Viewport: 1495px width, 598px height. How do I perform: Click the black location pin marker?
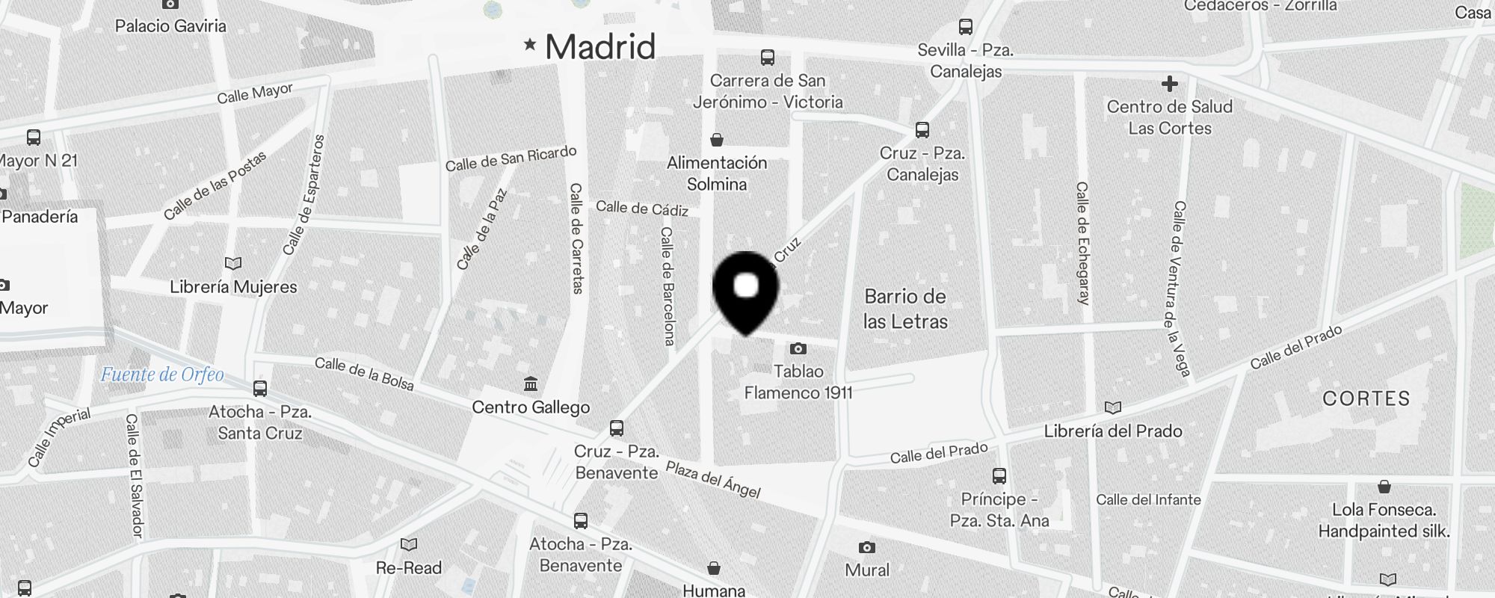(x=745, y=292)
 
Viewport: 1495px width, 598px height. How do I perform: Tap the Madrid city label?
(x=600, y=47)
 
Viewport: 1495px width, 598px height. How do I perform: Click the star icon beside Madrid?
(x=530, y=45)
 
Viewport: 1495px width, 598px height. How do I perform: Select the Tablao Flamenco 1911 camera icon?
(x=798, y=348)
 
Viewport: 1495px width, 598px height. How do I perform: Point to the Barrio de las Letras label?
(x=905, y=309)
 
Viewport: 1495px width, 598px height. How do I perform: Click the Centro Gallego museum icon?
(x=531, y=384)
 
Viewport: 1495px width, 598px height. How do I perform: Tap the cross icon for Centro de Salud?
(x=1170, y=84)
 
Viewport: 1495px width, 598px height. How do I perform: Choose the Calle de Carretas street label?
(x=576, y=238)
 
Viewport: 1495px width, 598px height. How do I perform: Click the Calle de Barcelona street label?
(x=668, y=286)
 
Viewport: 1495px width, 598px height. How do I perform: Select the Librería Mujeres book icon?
(x=233, y=263)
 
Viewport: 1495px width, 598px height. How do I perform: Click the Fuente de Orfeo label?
(x=162, y=374)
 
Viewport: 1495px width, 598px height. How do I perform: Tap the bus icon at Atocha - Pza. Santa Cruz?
(x=260, y=389)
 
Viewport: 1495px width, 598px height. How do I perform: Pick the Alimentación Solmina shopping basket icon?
(x=716, y=140)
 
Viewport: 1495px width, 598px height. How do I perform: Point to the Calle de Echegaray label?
(x=1082, y=243)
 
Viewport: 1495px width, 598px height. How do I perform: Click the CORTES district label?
(x=1366, y=398)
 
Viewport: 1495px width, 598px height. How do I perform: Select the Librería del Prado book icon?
(x=1113, y=408)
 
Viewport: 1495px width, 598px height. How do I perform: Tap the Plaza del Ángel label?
(x=713, y=480)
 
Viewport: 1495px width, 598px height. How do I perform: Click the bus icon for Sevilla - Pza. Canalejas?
(x=966, y=28)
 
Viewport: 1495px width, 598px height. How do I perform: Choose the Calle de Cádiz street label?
(x=642, y=209)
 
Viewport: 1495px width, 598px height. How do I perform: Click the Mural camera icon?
(x=866, y=548)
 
